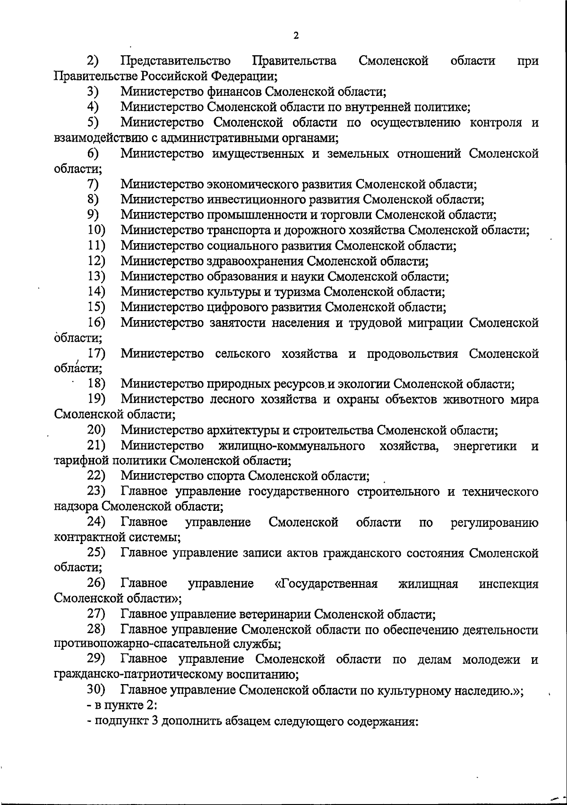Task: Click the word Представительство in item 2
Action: [176, 61]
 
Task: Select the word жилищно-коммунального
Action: [292, 446]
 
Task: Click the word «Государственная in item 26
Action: [326, 584]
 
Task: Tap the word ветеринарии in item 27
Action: [275, 615]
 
